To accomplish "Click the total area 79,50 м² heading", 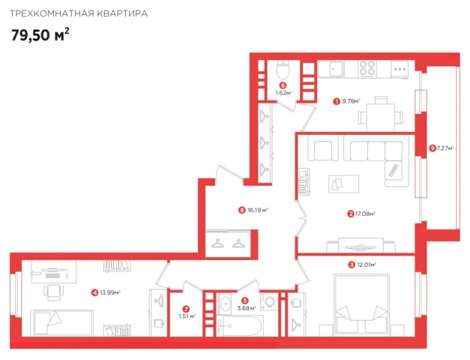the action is click(x=40, y=34).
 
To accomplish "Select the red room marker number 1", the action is click(x=337, y=101).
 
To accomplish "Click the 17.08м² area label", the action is click(x=366, y=214).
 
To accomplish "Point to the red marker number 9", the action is click(x=432, y=148).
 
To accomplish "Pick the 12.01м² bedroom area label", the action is click(x=367, y=265).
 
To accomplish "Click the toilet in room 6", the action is click(x=283, y=70).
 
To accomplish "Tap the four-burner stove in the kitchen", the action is click(x=367, y=69).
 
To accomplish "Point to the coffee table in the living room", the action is click(x=343, y=184).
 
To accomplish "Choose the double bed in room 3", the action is click(x=361, y=304).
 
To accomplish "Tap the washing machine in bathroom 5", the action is click(x=269, y=302).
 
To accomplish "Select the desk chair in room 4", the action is click(x=54, y=292).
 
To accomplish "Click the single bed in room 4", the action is click(x=62, y=323).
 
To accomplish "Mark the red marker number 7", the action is click(x=186, y=309).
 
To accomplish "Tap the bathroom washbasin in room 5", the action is click(x=225, y=304).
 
